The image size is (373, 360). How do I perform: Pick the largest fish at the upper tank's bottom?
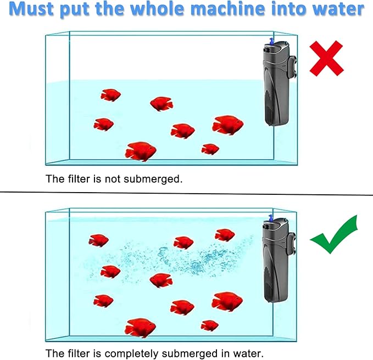[140, 151]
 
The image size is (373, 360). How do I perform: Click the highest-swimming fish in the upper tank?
[110, 95]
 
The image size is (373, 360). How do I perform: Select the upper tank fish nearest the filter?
[227, 125]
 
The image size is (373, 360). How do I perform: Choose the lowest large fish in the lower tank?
[140, 328]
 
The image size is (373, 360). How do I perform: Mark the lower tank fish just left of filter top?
[224, 235]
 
